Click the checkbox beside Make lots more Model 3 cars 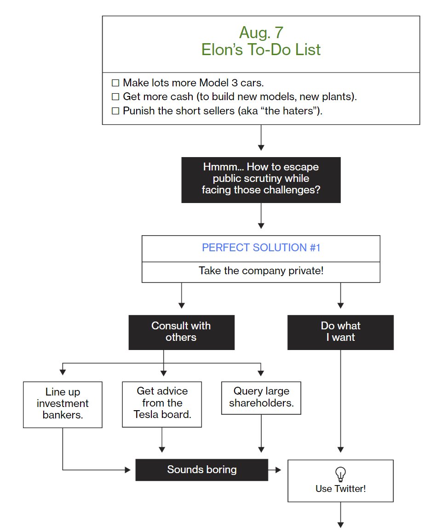coord(115,83)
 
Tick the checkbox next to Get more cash coord(115,97)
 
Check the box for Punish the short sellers coord(115,111)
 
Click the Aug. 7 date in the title coord(261,33)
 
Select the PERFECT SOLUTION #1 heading coord(261,248)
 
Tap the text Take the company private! coord(261,271)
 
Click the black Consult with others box coord(181,332)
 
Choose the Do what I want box coord(340,332)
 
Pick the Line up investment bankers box coord(63,405)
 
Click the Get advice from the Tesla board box coord(162,404)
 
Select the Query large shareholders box coord(261,398)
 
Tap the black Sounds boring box coord(202,470)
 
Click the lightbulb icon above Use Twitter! coord(340,474)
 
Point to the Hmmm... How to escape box coord(261,180)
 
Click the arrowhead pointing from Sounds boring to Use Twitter coord(278,470)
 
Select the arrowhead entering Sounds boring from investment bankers coord(128,470)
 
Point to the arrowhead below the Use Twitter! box coord(340,525)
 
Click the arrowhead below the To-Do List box coord(261,147)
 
